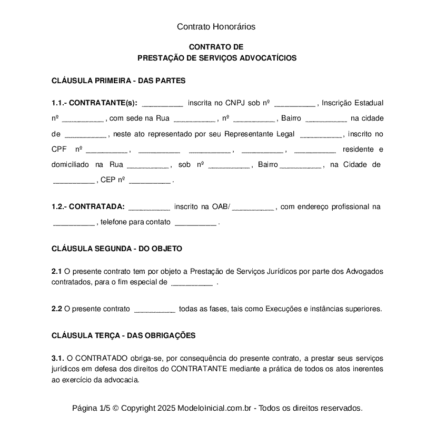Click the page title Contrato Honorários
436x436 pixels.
click(x=216, y=26)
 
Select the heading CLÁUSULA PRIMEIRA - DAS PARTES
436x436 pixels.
click(x=118, y=81)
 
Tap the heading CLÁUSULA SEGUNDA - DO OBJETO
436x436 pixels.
click(x=116, y=248)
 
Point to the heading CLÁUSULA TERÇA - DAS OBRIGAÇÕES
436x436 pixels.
click(x=123, y=335)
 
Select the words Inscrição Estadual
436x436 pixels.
click(x=352, y=103)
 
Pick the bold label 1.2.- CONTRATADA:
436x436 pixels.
click(x=88, y=207)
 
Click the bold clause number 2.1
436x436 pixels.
click(x=57, y=272)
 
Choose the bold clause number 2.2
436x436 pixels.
click(x=57, y=309)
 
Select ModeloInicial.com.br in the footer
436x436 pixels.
click(x=216, y=408)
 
